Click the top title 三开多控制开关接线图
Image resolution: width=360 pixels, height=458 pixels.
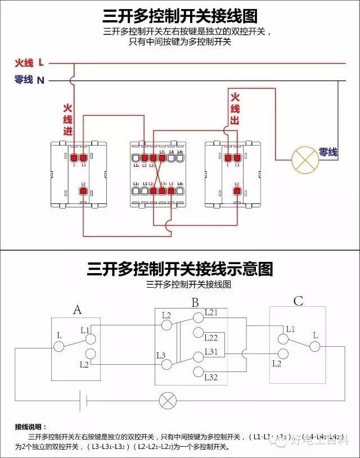180,16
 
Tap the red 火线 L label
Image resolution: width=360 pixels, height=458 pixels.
29,62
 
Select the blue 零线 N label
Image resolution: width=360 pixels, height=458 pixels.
29,80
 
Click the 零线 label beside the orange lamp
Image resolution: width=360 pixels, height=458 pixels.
328,152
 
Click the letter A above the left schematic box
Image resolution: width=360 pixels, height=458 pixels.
78,310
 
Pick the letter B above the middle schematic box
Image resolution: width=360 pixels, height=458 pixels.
195,303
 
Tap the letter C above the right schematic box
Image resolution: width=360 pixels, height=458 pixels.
298,302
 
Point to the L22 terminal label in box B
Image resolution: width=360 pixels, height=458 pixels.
211,338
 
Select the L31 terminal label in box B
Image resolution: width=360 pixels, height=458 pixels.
211,351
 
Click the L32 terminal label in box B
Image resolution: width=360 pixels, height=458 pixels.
211,377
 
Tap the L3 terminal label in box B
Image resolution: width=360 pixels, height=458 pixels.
161,355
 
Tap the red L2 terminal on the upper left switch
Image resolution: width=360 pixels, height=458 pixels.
83,192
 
